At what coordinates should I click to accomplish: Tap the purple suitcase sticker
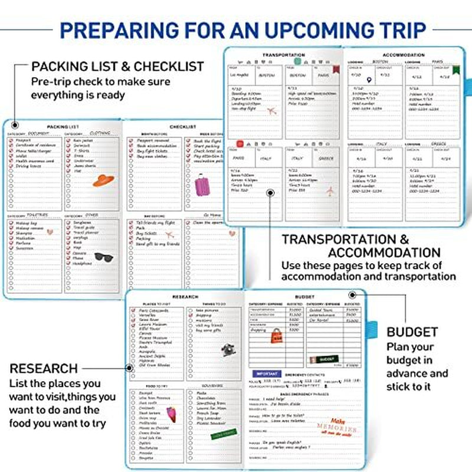point(202,185)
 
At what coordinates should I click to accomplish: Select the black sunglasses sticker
point(104,257)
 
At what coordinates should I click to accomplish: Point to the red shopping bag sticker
point(277,336)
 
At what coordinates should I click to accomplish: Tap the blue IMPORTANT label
point(266,373)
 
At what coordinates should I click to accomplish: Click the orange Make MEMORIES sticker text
point(343,427)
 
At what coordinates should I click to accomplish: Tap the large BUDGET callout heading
point(412,332)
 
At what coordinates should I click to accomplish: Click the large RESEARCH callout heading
point(44,369)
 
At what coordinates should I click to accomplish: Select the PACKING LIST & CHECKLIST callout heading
point(117,66)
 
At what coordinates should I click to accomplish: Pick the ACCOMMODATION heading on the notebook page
point(403,55)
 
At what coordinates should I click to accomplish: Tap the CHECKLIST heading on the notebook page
point(183,126)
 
